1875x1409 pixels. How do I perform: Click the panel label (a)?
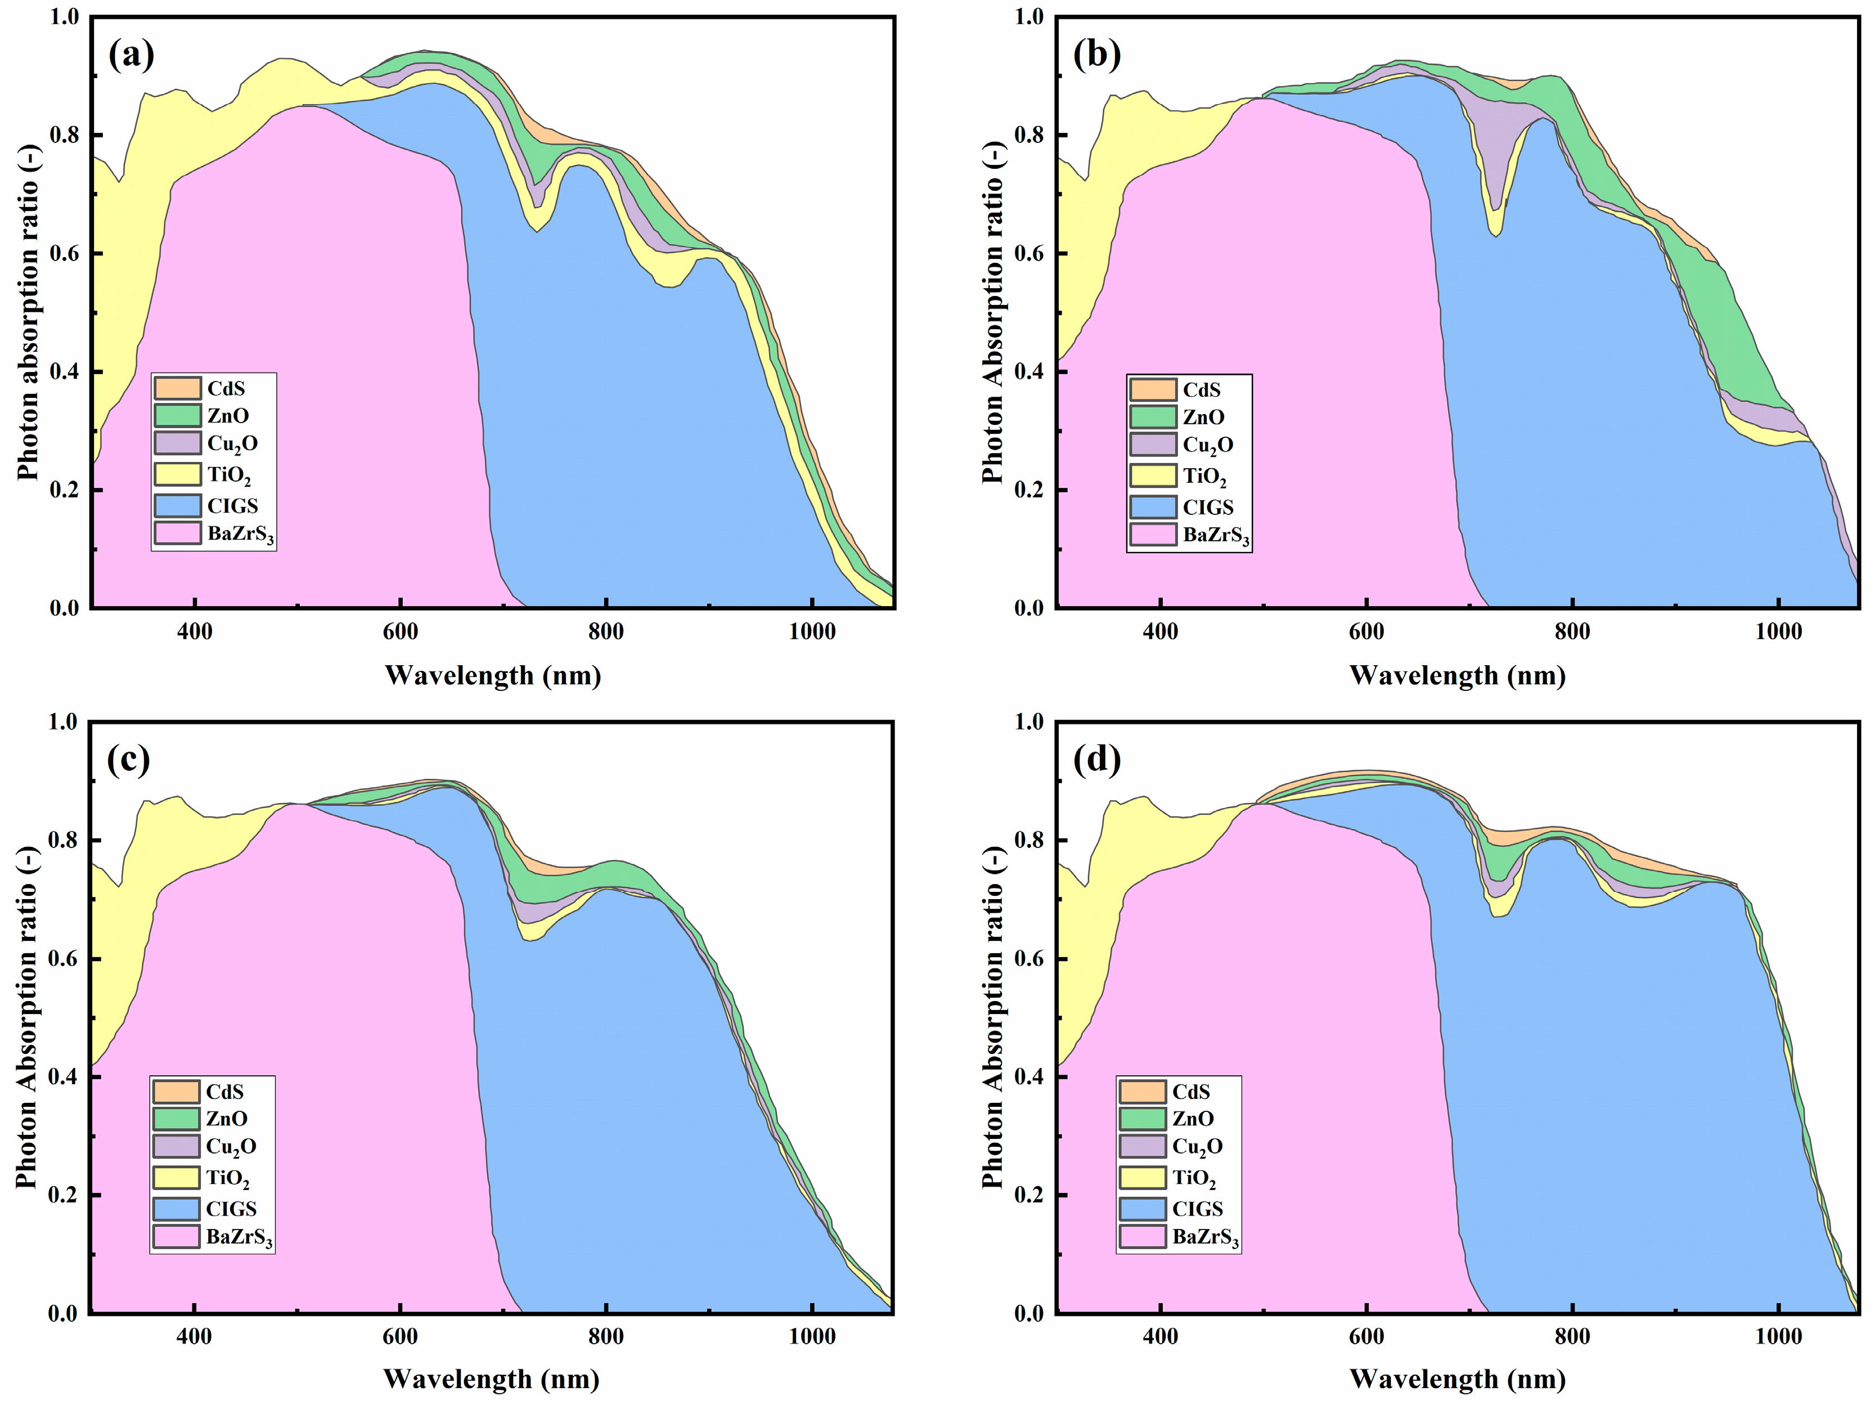tap(132, 55)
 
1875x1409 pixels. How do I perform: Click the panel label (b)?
tap(1097, 55)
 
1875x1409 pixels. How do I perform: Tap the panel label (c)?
tap(129, 760)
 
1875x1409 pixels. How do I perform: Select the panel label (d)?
tap(1097, 760)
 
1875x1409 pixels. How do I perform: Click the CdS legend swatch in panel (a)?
tap(177, 388)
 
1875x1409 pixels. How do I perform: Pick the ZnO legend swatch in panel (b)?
tap(1153, 417)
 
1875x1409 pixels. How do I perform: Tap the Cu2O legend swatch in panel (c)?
tap(176, 1146)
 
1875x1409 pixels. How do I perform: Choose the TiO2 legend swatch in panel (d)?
tap(1143, 1178)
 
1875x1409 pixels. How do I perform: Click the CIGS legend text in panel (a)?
tap(232, 506)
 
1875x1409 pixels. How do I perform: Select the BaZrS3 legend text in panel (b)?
tap(1216, 536)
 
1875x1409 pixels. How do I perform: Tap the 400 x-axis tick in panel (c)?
tap(194, 1337)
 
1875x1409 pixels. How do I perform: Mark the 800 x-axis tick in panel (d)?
tap(1572, 1337)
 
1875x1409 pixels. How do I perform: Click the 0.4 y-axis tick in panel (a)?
tap(64, 372)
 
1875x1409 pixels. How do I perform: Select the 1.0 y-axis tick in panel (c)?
tap(64, 723)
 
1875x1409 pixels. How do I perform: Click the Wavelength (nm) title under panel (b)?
tap(1457, 676)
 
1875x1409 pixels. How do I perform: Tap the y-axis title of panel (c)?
tap(26, 1017)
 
